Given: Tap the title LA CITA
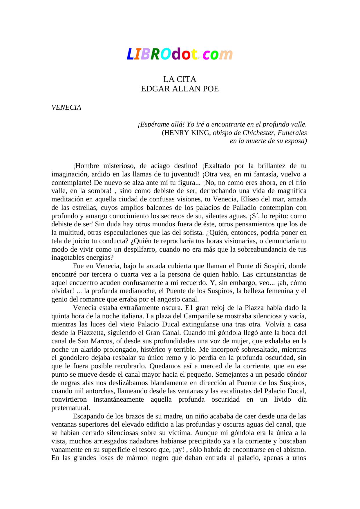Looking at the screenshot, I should pyautogui.click(x=180, y=79).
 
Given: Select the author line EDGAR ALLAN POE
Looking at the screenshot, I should pyautogui.click(x=180, y=89).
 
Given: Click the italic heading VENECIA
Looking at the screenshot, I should pyautogui.click(x=66, y=107).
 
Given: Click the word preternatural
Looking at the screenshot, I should pyautogui.click(x=70, y=408).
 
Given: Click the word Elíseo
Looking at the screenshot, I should pyautogui.click(x=249, y=199).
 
